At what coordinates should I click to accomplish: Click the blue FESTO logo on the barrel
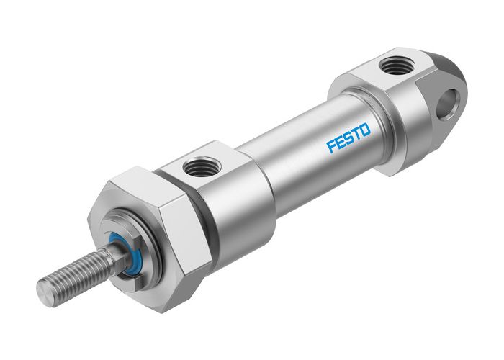(x=348, y=138)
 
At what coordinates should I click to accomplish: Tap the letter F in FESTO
(x=332, y=146)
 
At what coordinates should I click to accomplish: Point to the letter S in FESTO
(x=348, y=138)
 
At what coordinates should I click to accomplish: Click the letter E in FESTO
(x=340, y=142)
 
